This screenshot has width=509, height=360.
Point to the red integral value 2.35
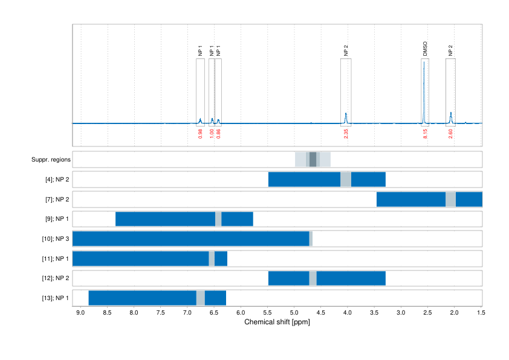pos(346,134)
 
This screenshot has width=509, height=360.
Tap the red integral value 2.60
pos(450,134)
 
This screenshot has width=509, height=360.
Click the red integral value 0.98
pos(200,134)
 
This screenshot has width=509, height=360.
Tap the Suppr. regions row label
pos(51,160)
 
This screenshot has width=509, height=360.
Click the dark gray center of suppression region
pos(313,160)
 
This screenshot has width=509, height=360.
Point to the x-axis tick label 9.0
pos(80,313)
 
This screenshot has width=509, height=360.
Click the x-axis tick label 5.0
pos(294,313)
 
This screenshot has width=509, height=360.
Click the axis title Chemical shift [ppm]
pos(277,322)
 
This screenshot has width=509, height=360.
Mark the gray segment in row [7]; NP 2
pos(450,199)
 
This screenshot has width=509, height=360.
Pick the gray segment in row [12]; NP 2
pos(313,278)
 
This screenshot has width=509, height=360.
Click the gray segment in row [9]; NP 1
pos(218,219)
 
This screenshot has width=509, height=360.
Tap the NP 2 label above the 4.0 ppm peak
pos(346,51)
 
